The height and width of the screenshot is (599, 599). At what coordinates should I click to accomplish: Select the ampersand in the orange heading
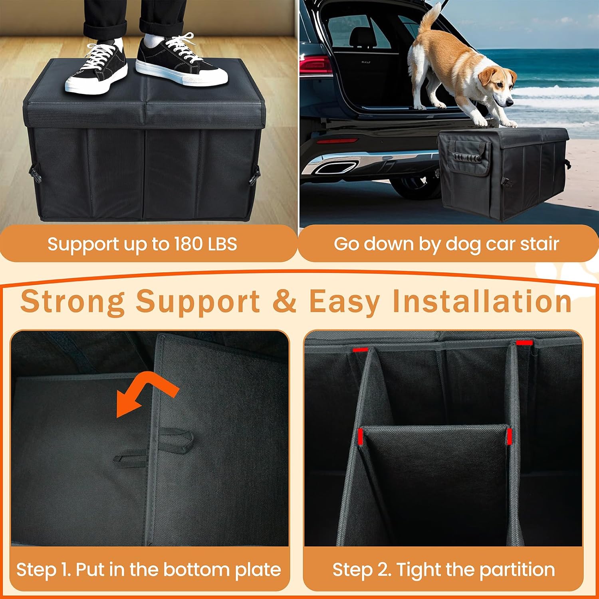click(284, 301)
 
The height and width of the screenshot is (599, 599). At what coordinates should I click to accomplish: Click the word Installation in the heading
click(482, 301)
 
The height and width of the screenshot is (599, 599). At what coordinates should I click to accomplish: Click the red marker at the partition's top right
click(524, 343)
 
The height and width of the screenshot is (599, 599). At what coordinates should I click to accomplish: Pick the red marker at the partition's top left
click(360, 350)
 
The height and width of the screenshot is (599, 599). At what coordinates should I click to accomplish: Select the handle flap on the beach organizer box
click(468, 158)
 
